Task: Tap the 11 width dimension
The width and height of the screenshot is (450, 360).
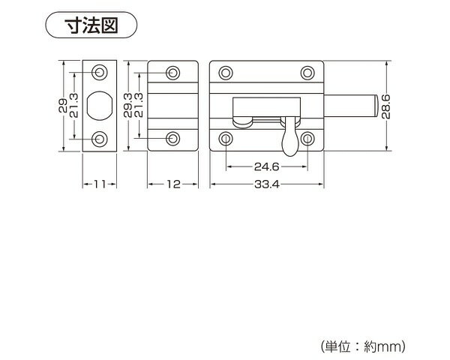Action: (x=99, y=184)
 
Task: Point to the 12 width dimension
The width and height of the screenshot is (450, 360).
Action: (x=172, y=184)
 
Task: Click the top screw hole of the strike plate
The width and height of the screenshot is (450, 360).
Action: (x=100, y=72)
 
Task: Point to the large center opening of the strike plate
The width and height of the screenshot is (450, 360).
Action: (x=99, y=105)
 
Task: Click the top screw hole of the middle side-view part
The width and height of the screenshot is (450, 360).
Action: (x=173, y=73)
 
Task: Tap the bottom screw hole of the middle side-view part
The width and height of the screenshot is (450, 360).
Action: (x=173, y=138)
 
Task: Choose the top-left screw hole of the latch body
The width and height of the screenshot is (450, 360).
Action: (x=226, y=73)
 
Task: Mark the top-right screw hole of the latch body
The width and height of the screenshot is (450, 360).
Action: (x=307, y=73)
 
